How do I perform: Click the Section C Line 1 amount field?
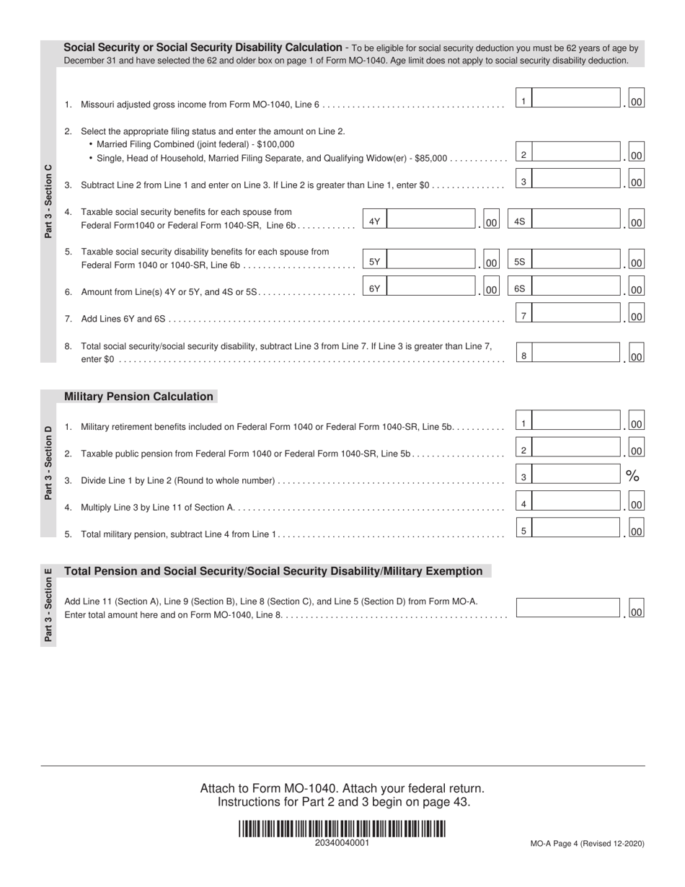point(576,99)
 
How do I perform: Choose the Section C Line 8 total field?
point(576,353)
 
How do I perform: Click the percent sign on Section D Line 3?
point(632,475)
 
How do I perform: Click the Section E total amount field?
point(568,608)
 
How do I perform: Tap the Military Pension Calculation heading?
point(139,397)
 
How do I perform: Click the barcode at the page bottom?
point(342,829)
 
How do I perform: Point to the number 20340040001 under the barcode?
point(342,843)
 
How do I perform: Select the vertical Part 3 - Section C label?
point(48,201)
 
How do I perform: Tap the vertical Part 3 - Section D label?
point(48,462)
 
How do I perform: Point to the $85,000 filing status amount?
point(430,158)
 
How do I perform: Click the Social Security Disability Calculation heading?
point(203,48)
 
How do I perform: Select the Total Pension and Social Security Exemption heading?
point(273,571)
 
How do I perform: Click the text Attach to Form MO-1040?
point(273,788)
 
